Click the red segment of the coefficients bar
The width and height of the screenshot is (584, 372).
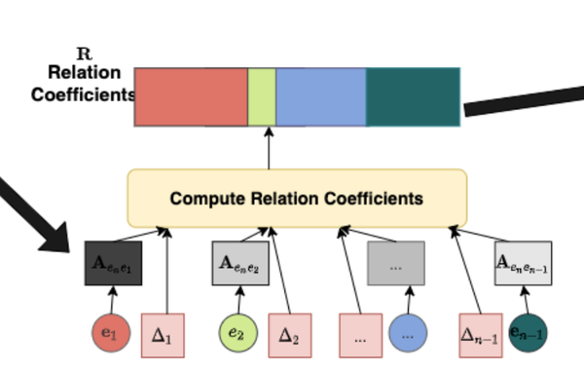(x=191, y=97)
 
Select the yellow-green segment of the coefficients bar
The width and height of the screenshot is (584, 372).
(x=262, y=97)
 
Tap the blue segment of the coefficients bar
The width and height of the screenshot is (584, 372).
(x=321, y=97)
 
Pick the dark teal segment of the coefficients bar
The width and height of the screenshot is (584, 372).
(x=413, y=97)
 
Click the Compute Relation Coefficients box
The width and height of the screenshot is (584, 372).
(x=297, y=199)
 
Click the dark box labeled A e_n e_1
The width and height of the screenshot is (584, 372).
(x=114, y=263)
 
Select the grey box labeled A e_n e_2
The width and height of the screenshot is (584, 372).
(x=240, y=263)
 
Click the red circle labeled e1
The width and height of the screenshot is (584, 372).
(x=109, y=334)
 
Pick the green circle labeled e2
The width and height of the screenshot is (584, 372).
(x=237, y=334)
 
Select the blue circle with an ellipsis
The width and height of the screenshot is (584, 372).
(x=408, y=334)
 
